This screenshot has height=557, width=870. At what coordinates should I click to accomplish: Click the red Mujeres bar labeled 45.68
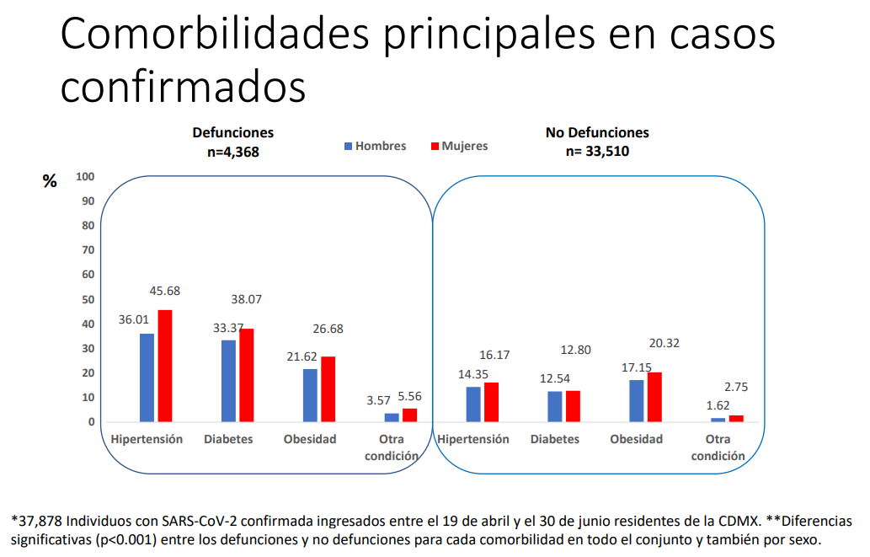click(x=165, y=366)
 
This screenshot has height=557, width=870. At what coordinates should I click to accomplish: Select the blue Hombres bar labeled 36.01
click(x=147, y=378)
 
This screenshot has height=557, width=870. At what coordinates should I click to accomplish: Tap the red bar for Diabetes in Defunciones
click(x=247, y=375)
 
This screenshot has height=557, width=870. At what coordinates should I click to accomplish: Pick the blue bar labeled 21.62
click(x=311, y=395)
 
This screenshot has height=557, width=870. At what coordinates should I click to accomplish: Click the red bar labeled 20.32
click(x=655, y=397)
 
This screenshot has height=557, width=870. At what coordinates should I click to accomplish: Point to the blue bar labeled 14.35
click(x=473, y=404)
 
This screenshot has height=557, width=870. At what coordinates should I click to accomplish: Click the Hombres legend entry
click(x=376, y=146)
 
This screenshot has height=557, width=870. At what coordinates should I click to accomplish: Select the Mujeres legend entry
click(x=459, y=146)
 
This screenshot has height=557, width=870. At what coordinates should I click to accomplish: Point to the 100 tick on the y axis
click(x=85, y=176)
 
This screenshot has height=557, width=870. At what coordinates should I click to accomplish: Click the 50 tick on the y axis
click(x=88, y=299)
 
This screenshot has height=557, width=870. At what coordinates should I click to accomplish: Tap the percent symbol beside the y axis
click(x=50, y=180)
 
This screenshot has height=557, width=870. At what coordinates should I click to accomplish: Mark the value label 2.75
click(x=736, y=387)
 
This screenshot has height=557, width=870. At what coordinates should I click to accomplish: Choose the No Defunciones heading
click(x=597, y=132)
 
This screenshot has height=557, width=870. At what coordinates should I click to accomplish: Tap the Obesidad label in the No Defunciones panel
click(x=636, y=439)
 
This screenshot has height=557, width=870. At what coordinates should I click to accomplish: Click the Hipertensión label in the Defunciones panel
click(x=147, y=439)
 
